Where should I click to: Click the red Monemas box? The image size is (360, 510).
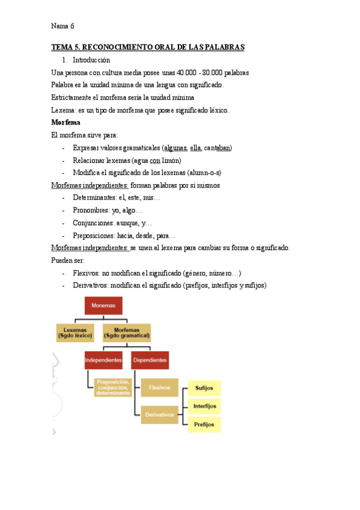pyautogui.click(x=103, y=306)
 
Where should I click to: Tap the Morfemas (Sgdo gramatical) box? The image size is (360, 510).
pyautogui.click(x=126, y=333)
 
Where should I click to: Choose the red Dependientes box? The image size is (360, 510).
pyautogui.click(x=150, y=360)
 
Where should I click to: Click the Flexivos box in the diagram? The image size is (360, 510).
pyautogui.click(x=159, y=387)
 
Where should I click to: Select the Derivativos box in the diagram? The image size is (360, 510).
pyautogui.click(x=159, y=414)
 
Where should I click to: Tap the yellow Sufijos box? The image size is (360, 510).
pyautogui.click(x=204, y=388)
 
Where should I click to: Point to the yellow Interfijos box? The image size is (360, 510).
pyautogui.click(x=204, y=406)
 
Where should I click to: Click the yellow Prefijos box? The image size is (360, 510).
pyautogui.click(x=204, y=424)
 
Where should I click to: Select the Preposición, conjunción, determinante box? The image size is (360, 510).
pyautogui.click(x=112, y=387)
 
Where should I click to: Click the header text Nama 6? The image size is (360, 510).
pyautogui.click(x=63, y=26)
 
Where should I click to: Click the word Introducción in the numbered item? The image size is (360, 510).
pyautogui.click(x=91, y=60)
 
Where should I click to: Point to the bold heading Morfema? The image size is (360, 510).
pyautogui.click(x=66, y=123)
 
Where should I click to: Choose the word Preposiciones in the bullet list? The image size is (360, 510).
pyautogui.click(x=94, y=236)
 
